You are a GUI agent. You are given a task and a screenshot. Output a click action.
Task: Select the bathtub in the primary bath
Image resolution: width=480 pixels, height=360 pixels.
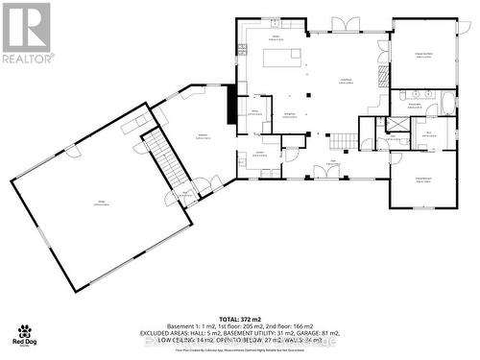click(x=448, y=102)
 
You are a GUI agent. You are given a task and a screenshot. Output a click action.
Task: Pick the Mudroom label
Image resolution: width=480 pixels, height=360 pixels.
click(x=204, y=136)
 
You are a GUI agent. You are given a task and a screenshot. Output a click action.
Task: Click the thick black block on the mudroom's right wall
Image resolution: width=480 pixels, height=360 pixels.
click(x=230, y=104)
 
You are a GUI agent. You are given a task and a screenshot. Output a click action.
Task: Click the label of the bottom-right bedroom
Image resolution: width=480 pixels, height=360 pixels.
click(x=423, y=180)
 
